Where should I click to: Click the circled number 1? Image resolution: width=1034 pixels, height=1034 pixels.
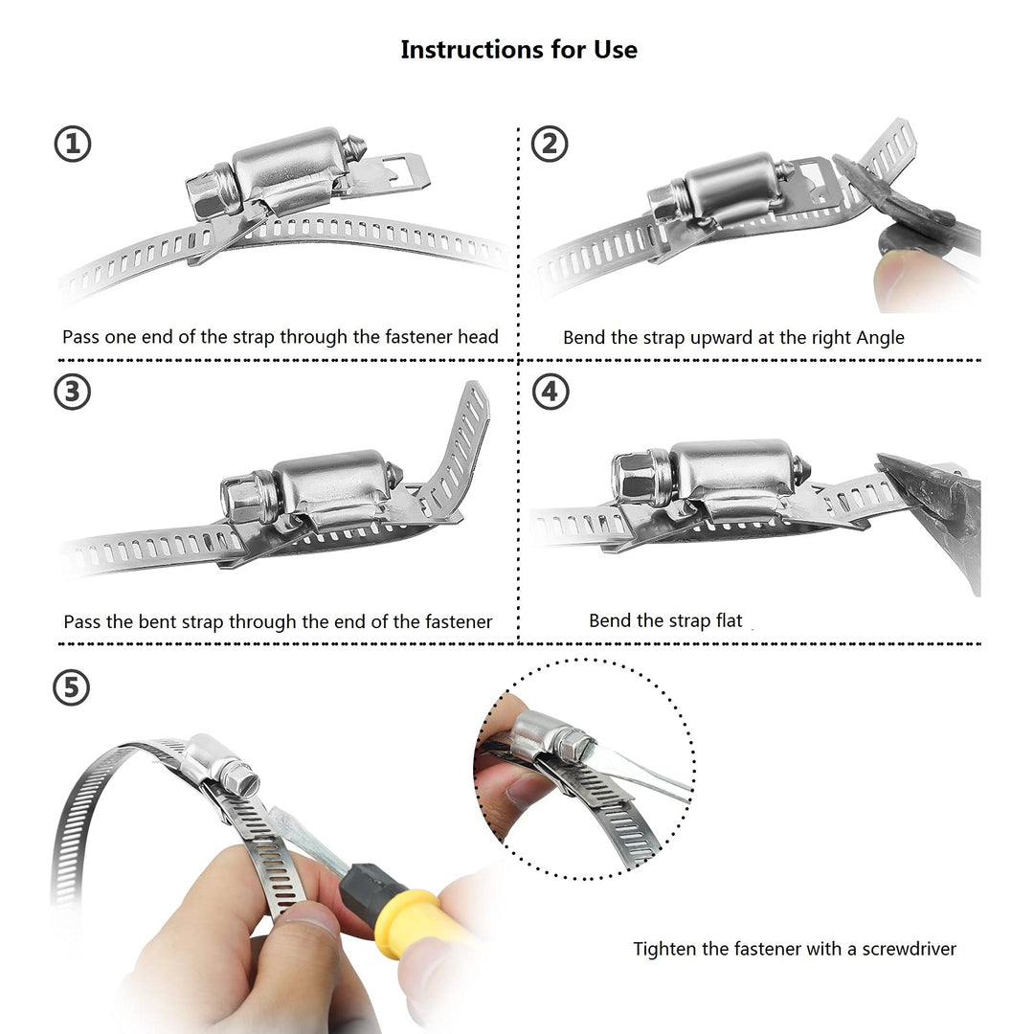pyautogui.click(x=73, y=145)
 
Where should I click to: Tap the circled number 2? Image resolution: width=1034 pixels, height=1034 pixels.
pyautogui.click(x=550, y=144)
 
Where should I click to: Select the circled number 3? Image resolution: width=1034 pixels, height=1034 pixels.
pyautogui.click(x=73, y=393)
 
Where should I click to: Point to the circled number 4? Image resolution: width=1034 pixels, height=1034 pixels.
pyautogui.click(x=550, y=393)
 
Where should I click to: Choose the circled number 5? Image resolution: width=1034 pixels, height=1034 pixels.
pyautogui.click(x=71, y=687)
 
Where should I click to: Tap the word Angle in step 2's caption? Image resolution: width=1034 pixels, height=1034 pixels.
pyautogui.click(x=880, y=338)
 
